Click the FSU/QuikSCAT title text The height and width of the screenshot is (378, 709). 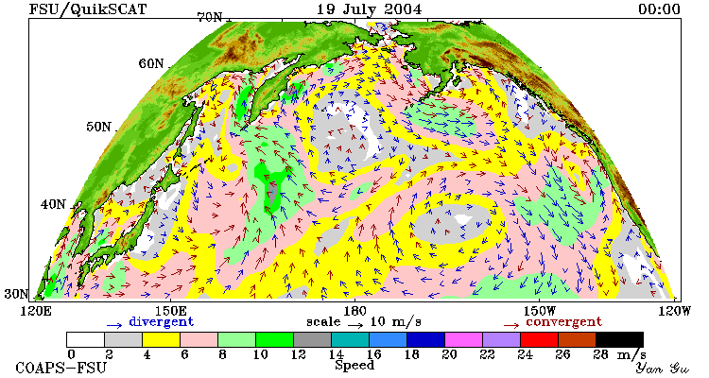[x=88, y=9]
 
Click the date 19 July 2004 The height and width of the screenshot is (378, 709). [x=369, y=9]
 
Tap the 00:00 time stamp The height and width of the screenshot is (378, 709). [x=659, y=9]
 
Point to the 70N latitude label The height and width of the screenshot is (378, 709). [x=210, y=17]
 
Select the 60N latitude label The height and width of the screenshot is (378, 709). [x=151, y=63]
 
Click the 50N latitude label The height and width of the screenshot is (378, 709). [x=98, y=127]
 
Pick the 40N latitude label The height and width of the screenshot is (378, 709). [x=53, y=204]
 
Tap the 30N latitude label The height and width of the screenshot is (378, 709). [x=16, y=294]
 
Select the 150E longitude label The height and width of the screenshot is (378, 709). [x=170, y=311]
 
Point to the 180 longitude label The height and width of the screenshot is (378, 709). [x=354, y=311]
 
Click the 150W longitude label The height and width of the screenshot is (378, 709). [x=539, y=311]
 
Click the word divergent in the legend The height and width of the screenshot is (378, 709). [x=162, y=322]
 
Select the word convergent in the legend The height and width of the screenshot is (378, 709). [x=563, y=322]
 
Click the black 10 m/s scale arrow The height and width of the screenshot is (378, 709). [x=355, y=324]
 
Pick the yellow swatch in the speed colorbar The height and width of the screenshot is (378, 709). [x=161, y=339]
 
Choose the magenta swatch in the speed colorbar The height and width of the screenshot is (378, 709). [x=463, y=339]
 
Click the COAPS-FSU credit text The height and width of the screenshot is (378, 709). [x=61, y=368]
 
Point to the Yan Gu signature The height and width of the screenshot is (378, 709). [x=662, y=368]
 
